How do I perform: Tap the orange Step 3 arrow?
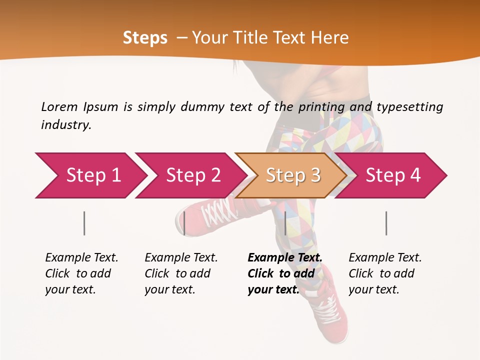click(x=293, y=175)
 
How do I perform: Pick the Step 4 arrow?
click(x=393, y=175)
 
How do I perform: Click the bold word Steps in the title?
click(x=145, y=38)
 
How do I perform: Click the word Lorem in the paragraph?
click(x=59, y=106)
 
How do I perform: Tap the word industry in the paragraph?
click(x=66, y=125)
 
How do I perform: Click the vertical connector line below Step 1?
click(x=84, y=223)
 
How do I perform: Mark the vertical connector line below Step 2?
click(x=184, y=223)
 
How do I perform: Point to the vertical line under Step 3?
click(x=285, y=223)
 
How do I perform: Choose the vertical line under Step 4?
click(x=386, y=223)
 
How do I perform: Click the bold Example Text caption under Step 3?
click(x=284, y=273)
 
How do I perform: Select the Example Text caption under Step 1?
click(x=81, y=273)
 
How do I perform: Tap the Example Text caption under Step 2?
click(x=181, y=273)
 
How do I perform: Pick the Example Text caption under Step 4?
click(x=385, y=273)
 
